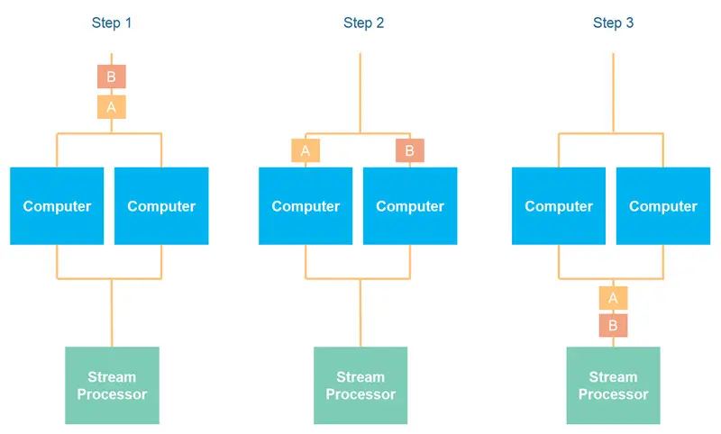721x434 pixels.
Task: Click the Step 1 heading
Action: coord(112,23)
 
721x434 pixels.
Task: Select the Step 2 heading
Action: coord(363,23)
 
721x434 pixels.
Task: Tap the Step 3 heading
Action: coord(613,23)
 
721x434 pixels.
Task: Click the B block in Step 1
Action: coord(112,77)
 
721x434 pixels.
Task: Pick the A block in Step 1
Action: coord(112,107)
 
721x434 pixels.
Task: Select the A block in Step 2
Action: coord(306,150)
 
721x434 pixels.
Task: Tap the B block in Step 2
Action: coord(409,150)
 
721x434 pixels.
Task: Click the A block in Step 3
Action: coord(613,298)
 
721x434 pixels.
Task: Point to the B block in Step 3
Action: coord(613,325)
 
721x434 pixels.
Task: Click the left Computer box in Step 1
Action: coord(57,206)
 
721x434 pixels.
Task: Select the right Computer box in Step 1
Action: coord(161,206)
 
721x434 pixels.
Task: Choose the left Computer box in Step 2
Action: coord(306,206)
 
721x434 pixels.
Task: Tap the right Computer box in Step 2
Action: coord(410,206)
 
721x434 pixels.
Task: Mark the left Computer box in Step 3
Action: coord(559,206)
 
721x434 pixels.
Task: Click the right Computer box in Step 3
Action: coord(663,206)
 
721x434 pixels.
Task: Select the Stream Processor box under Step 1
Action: coord(112,385)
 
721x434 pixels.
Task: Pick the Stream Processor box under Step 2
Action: coord(360,385)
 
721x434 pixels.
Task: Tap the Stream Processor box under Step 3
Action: coord(613,385)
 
